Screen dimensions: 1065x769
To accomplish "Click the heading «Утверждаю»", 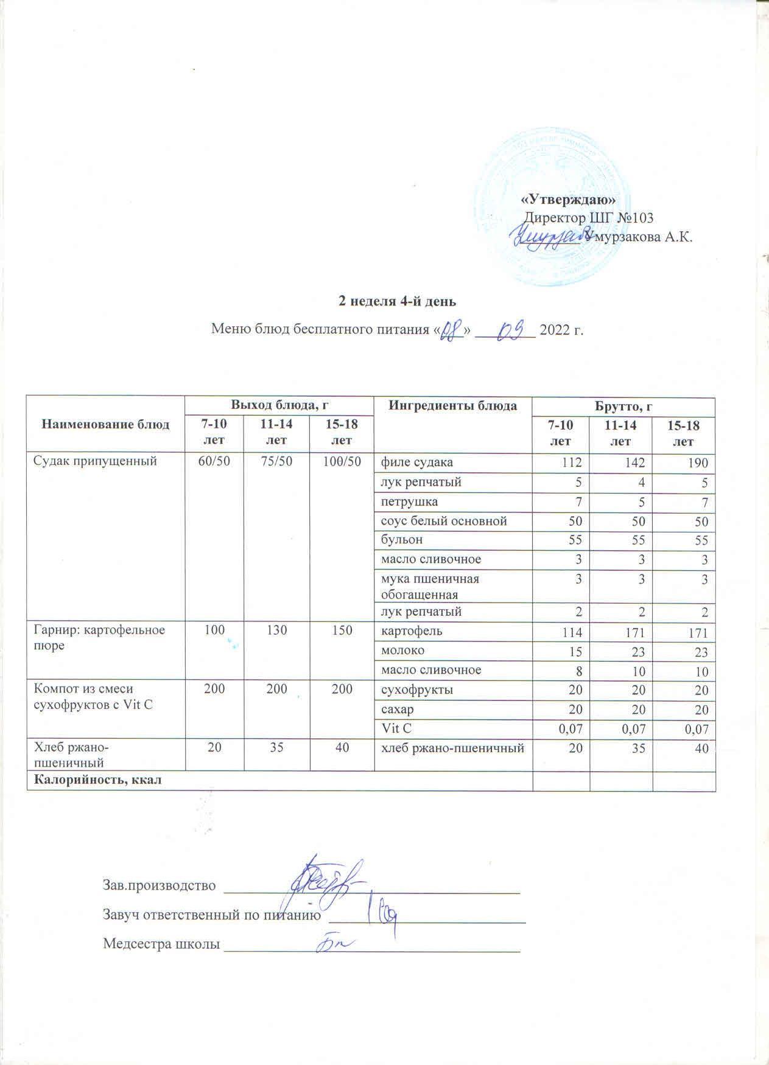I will (x=569, y=200).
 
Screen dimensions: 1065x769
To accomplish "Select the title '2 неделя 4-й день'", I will (x=397, y=301).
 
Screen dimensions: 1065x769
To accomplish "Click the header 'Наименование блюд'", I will (x=105, y=424).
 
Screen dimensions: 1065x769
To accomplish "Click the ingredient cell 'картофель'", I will (x=412, y=631).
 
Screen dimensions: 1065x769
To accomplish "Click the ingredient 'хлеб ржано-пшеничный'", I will (x=452, y=748).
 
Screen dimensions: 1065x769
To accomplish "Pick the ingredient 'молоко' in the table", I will (x=402, y=651).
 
